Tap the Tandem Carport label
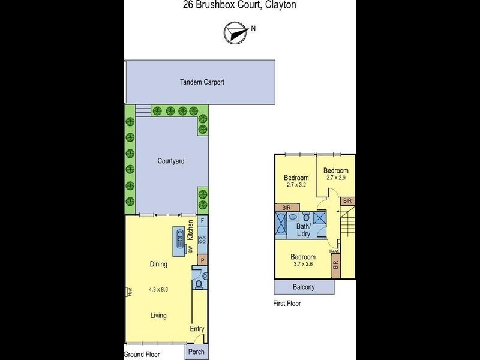coord(202,82)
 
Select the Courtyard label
coord(170,161)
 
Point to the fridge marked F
coord(203,221)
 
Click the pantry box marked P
coord(203,260)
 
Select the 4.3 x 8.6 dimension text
coord(158,289)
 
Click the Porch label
coord(196,352)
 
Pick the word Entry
coord(197,329)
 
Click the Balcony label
coord(304,287)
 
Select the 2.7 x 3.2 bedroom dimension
coord(296,185)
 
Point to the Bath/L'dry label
coord(304,230)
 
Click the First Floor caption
coord(287,304)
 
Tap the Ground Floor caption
coord(142,355)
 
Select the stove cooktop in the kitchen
coord(203,240)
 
